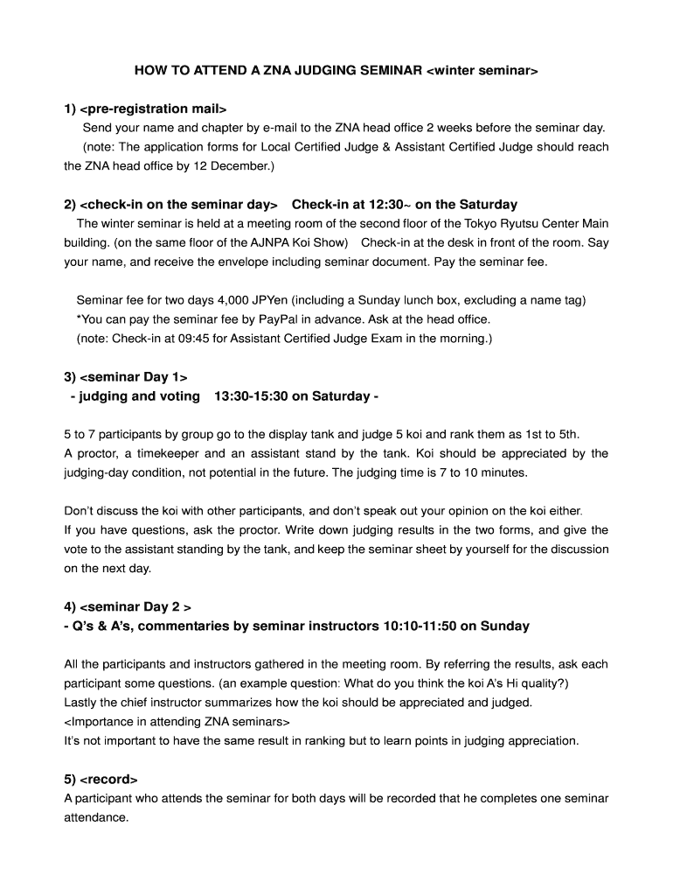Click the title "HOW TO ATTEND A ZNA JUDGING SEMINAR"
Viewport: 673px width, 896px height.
click(x=278, y=70)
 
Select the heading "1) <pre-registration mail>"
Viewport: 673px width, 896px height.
click(x=145, y=108)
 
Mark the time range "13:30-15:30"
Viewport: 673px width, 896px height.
click(x=249, y=396)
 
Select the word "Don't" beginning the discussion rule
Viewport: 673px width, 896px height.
click(x=79, y=510)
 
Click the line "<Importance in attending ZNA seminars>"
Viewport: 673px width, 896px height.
click(x=177, y=721)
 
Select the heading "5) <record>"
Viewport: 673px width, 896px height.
click(x=101, y=779)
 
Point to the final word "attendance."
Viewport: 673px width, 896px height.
click(x=96, y=817)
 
